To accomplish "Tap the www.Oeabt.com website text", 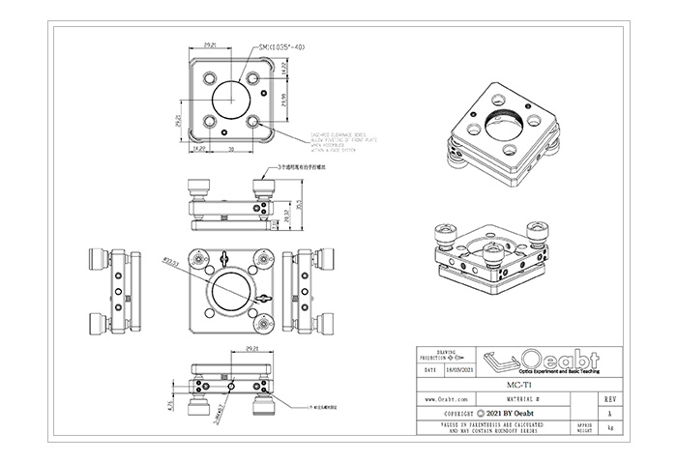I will tap(448, 398).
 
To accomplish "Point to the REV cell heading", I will tap(608, 398).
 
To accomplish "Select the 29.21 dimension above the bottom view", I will tap(250, 349).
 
